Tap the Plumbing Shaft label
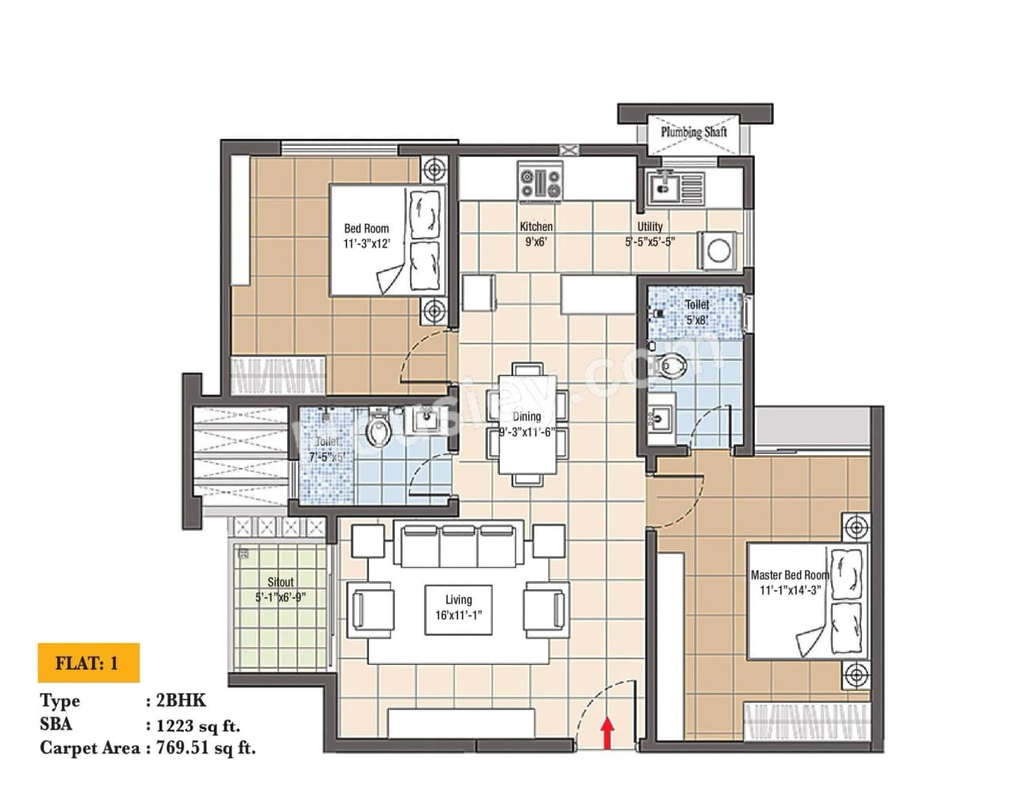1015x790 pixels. coord(693,132)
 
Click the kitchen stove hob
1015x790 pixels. coord(540,183)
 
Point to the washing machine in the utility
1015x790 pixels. coord(718,251)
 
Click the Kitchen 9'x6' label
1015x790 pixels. coord(536,234)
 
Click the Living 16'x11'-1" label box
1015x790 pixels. coord(458,608)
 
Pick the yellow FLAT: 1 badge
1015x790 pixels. coord(88,663)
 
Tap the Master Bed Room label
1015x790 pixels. coord(789,582)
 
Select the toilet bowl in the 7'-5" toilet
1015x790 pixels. coord(380,431)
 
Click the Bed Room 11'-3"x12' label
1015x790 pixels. coord(366,236)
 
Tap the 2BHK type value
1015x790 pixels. coord(181,700)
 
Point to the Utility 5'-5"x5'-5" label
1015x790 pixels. coord(649,234)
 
